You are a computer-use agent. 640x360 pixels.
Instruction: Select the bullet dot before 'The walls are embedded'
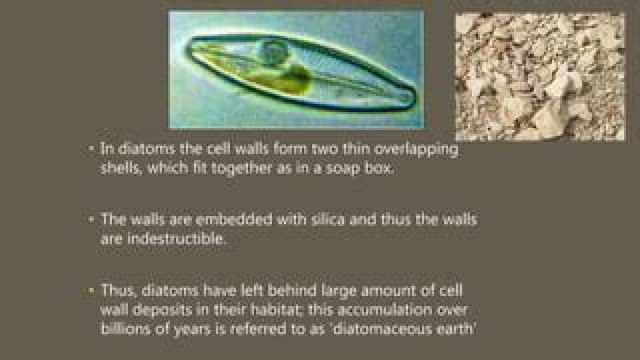92,217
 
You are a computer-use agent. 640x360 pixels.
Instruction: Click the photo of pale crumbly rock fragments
539,76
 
